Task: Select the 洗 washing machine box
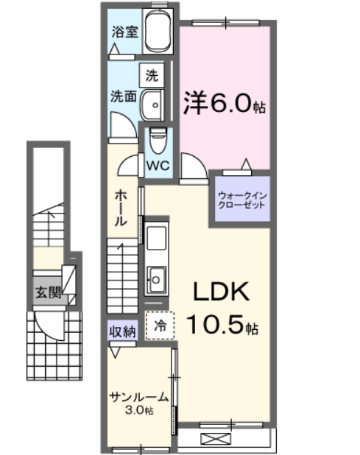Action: pyautogui.click(x=152, y=74)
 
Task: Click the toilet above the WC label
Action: pyautogui.click(x=157, y=137)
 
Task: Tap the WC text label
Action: pyautogui.click(x=158, y=166)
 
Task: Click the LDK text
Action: pyautogui.click(x=222, y=292)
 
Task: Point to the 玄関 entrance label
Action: pyautogui.click(x=44, y=292)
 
